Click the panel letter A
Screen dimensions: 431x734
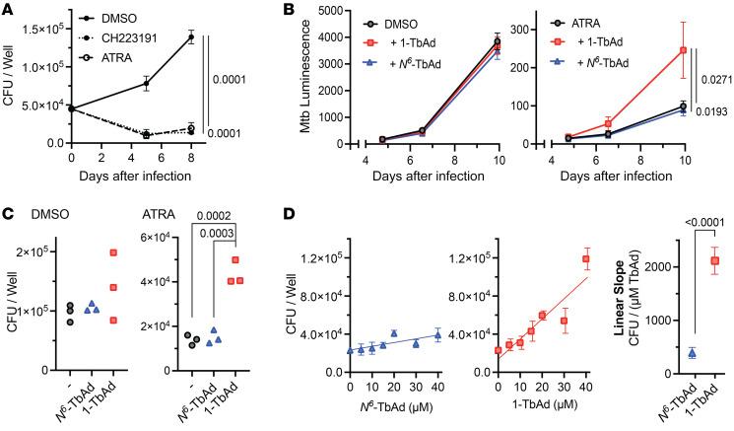coord(9,9)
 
